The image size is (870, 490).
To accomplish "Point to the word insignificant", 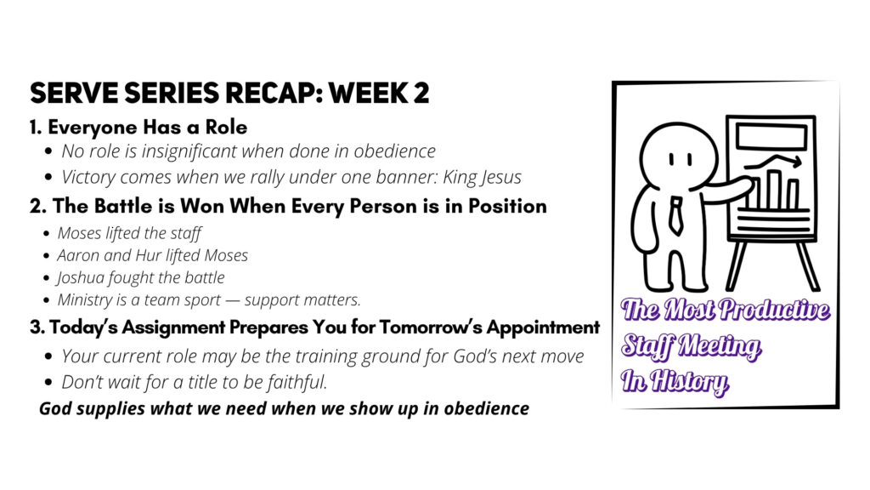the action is [x=190, y=151].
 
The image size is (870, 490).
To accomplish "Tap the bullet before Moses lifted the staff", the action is [x=47, y=234].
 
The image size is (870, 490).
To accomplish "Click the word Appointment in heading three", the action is [x=543, y=328].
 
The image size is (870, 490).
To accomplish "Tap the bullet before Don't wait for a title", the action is [x=48, y=383].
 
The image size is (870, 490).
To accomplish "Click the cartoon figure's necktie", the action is [x=675, y=215].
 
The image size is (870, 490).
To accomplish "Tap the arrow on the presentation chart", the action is [x=772, y=162].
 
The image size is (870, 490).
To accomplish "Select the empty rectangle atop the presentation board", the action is [x=771, y=136].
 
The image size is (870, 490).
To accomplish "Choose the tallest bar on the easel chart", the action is [x=775, y=190].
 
